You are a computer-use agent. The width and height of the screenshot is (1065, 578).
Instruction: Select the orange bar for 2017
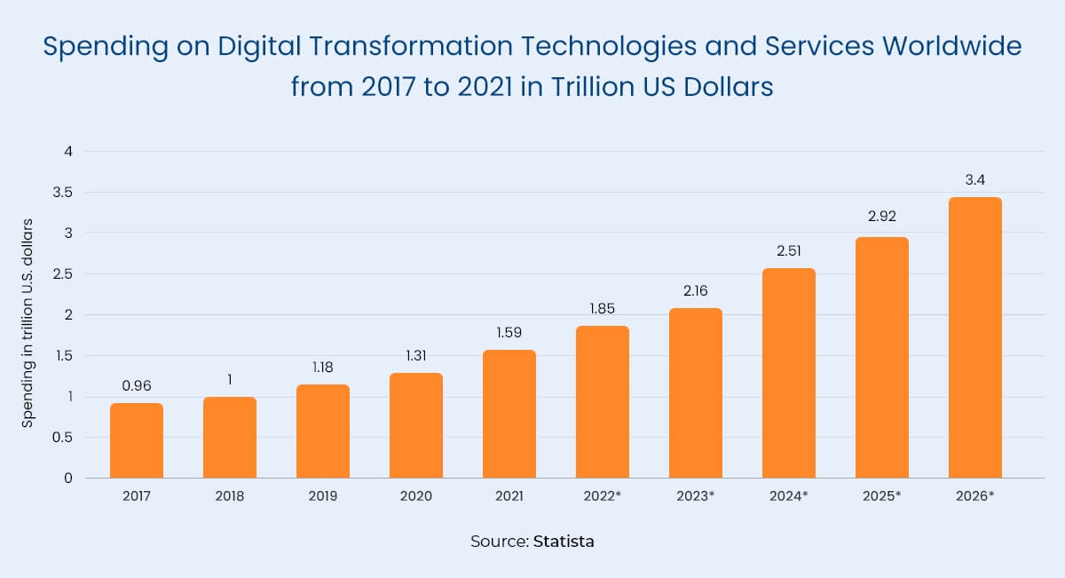point(137,440)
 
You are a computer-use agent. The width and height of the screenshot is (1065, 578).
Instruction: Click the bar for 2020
point(416,425)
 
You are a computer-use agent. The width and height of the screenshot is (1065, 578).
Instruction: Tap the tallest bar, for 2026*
point(974,337)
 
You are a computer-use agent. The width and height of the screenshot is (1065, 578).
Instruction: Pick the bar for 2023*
point(695,393)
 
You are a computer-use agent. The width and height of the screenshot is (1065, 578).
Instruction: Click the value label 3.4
point(974,180)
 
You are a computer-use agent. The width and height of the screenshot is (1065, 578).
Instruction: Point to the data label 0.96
point(137,386)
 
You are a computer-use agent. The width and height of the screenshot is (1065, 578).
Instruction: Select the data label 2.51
point(788,251)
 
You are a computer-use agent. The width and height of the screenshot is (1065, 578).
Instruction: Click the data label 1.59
point(509,333)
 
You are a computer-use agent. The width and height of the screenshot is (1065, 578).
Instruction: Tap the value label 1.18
point(323,368)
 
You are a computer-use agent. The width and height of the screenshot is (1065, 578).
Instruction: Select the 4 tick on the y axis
point(67,151)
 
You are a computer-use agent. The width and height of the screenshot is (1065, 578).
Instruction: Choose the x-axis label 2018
point(230,496)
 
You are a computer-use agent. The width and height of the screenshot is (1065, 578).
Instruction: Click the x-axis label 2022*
point(603,496)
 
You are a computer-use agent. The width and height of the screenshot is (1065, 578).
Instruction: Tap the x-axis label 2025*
point(881,496)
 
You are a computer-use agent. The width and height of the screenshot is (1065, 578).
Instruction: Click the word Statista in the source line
point(564,541)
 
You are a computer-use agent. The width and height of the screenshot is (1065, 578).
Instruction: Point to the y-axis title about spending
point(28,321)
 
